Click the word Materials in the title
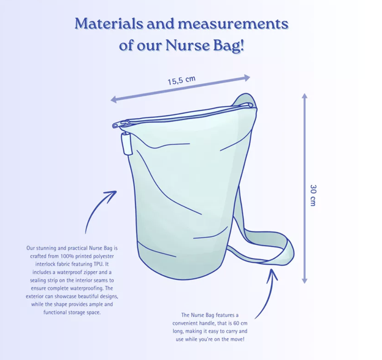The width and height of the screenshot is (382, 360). (x=109, y=24)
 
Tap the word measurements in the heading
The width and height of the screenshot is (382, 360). (x=233, y=24)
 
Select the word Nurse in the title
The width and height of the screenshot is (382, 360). (x=187, y=46)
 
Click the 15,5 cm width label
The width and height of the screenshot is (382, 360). (x=182, y=81)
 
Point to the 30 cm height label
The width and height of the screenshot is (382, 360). (x=313, y=195)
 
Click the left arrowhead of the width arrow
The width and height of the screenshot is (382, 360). (x=113, y=99)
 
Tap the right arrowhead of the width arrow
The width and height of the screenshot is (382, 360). (x=247, y=78)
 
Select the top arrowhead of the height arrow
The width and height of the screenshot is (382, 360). (x=305, y=96)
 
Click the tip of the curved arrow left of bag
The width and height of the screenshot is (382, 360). (x=116, y=191)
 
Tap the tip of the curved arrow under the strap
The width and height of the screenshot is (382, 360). (x=272, y=269)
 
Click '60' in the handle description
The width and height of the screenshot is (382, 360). (x=236, y=323)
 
